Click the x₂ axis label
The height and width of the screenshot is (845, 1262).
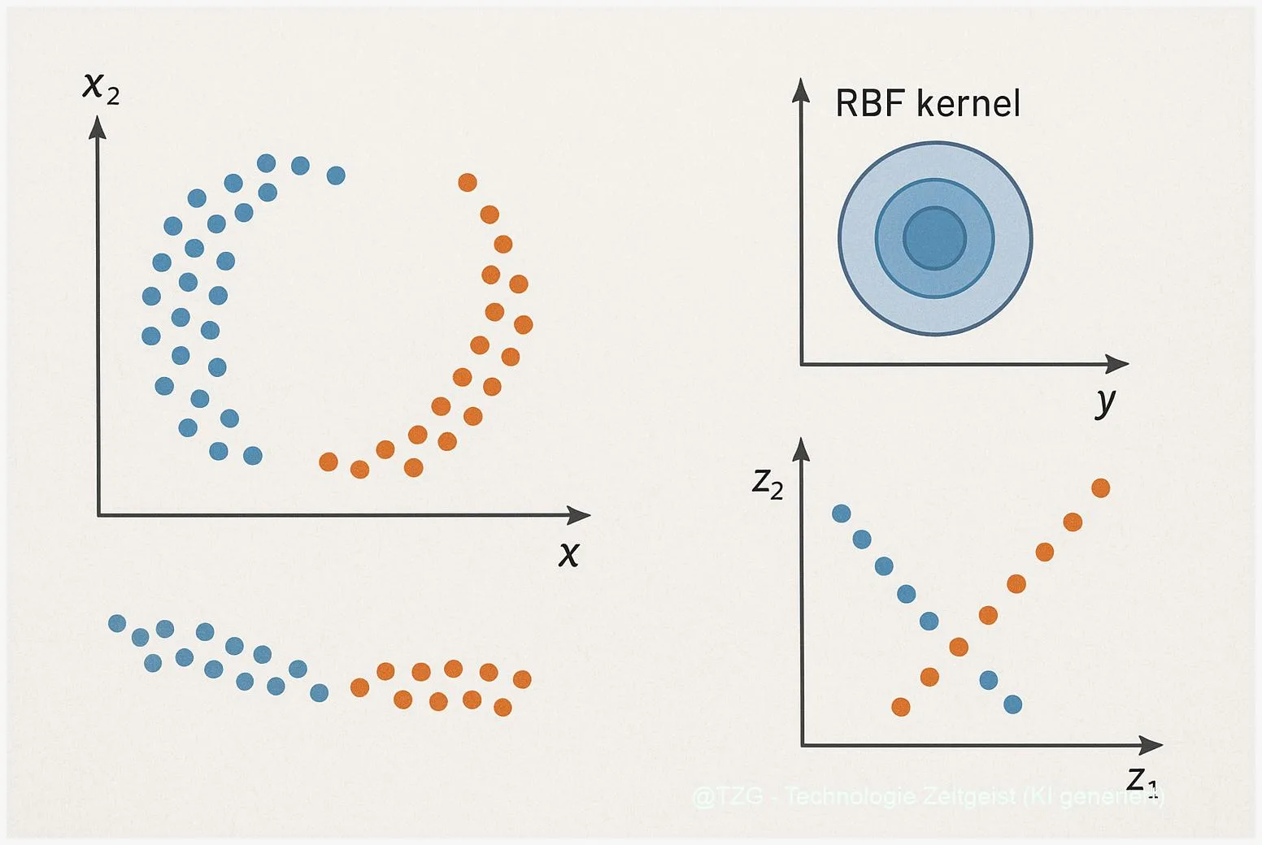101,87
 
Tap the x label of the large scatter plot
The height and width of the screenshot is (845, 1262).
569,553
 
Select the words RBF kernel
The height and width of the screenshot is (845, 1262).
927,104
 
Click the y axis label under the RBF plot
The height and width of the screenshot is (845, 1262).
1105,401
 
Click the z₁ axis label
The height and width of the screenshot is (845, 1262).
1141,780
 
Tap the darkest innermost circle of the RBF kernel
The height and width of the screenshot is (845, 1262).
935,238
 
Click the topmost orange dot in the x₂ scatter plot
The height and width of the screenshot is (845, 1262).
468,182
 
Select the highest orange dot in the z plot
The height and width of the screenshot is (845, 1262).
1100,487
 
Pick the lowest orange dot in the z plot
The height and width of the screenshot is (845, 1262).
900,707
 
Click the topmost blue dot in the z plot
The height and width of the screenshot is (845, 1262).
842,513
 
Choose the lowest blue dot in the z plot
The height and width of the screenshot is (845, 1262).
1012,704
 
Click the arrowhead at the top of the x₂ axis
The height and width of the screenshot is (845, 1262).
98,126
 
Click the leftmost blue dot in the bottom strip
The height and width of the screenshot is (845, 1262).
117,623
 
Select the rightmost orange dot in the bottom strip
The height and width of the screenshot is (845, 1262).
522,679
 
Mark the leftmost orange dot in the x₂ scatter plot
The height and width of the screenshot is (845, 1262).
329,462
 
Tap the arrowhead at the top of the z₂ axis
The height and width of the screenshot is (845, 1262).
802,448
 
